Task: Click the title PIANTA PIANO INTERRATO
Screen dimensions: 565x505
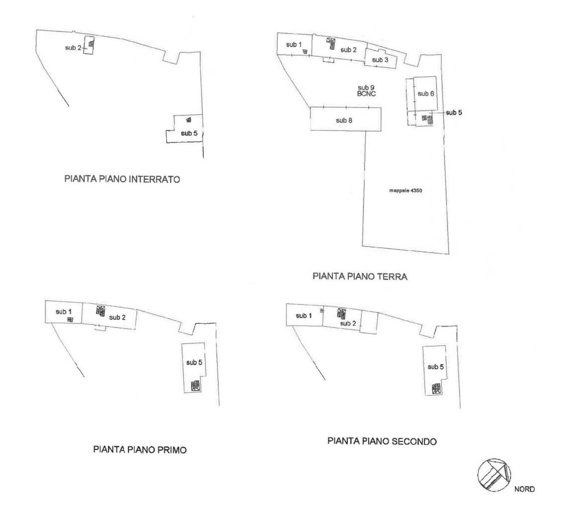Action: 122,179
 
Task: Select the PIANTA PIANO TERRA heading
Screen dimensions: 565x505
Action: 360,276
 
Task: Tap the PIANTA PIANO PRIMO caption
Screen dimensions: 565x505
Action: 140,450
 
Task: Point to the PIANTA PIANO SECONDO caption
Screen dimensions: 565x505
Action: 382,441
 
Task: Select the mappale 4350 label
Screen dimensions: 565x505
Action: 405,190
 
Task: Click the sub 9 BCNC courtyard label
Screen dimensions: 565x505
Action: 366,90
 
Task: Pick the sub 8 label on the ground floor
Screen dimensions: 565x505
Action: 344,120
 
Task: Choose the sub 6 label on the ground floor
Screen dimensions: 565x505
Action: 426,94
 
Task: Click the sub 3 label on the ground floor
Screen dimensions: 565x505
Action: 380,60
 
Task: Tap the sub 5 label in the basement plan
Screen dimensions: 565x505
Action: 189,133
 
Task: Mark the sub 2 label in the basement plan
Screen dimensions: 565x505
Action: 73,48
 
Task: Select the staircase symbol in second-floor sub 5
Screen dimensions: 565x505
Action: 437,388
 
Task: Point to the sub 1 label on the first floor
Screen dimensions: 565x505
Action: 64,312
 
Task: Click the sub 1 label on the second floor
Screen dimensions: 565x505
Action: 304,316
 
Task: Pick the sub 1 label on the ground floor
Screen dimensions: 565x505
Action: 294,45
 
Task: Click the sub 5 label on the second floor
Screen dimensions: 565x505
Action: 435,367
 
